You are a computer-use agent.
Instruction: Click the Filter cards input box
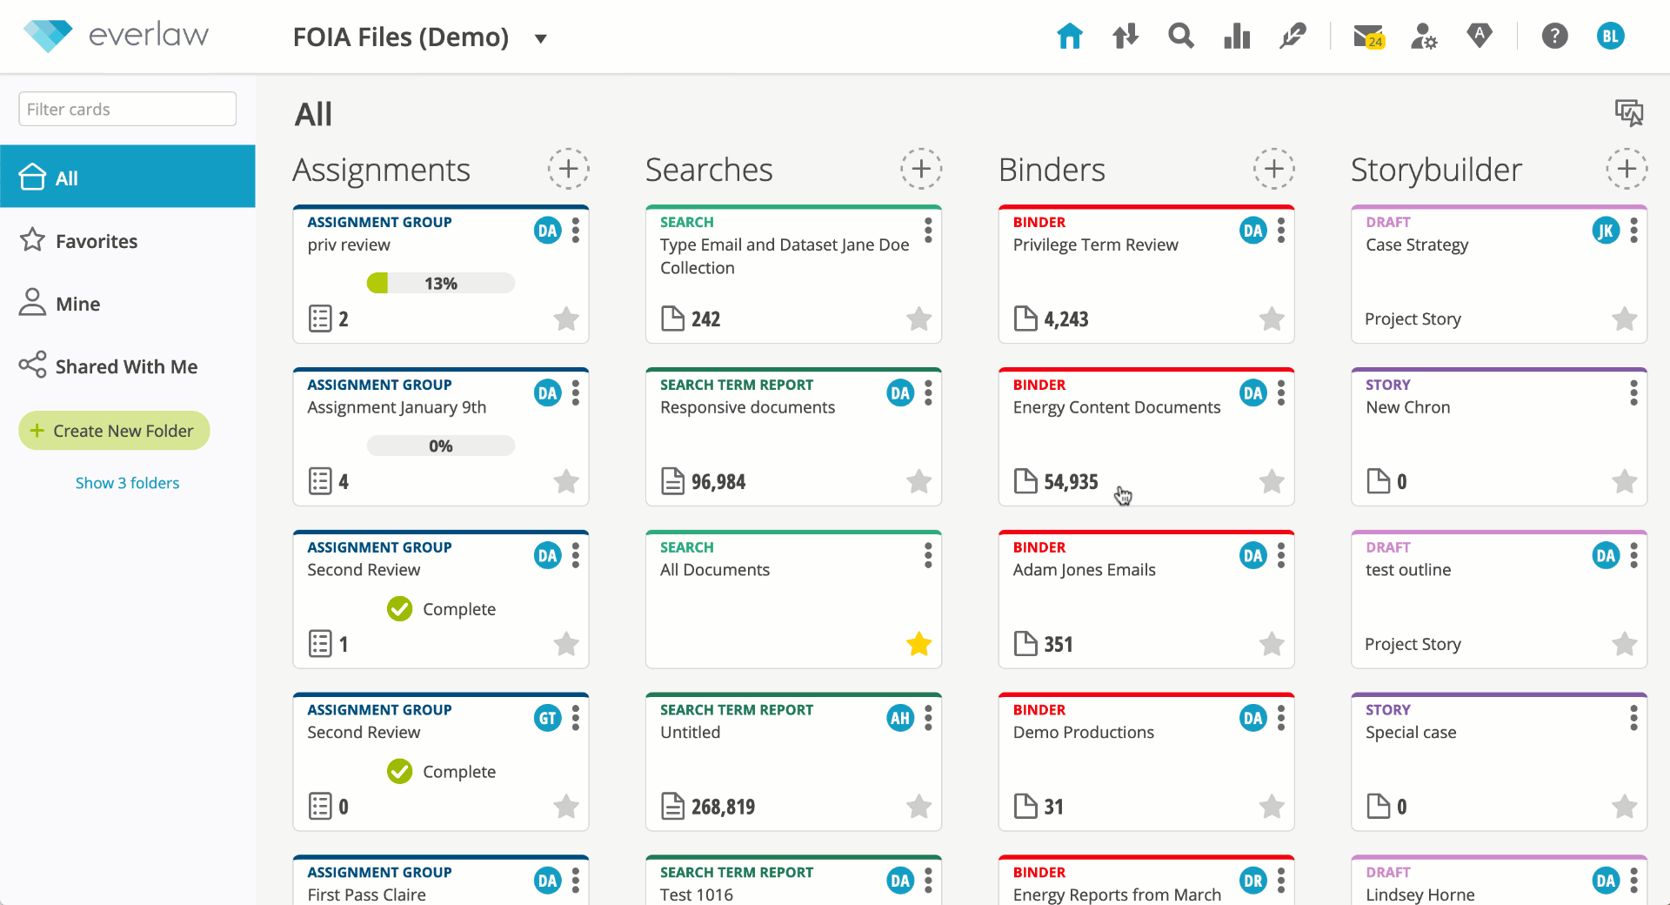[127, 109]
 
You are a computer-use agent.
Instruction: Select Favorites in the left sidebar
[96, 241]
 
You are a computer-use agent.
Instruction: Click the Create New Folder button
[114, 431]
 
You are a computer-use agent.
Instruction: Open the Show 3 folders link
[127, 483]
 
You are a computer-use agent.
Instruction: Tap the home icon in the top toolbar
[1069, 37]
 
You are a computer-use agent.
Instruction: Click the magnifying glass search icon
[1180, 37]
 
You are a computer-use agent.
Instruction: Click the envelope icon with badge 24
[1367, 37]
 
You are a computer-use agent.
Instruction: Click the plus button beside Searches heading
[921, 169]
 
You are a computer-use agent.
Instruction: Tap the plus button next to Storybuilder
[1627, 169]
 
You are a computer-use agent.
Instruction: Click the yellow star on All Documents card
[918, 644]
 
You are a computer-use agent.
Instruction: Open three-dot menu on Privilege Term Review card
[1281, 231]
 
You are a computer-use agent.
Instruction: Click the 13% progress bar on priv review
[440, 283]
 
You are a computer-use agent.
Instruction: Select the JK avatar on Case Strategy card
[1605, 231]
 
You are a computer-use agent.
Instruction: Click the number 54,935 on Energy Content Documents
[1071, 481]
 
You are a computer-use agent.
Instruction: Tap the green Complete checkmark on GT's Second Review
[400, 771]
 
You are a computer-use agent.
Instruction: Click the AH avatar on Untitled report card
[900, 718]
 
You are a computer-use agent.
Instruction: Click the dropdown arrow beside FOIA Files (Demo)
[540, 38]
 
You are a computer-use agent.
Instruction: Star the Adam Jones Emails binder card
[1272, 644]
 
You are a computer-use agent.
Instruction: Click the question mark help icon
[1554, 37]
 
